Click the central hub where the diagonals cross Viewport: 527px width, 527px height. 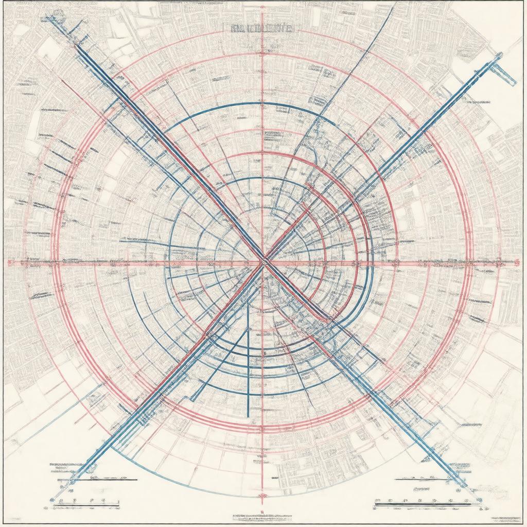pyautogui.click(x=263, y=261)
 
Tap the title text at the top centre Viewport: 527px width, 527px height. pyautogui.click(x=262, y=29)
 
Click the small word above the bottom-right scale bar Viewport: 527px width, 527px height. pyautogui.click(x=422, y=489)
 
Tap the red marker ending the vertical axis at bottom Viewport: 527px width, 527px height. pyautogui.click(x=263, y=495)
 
